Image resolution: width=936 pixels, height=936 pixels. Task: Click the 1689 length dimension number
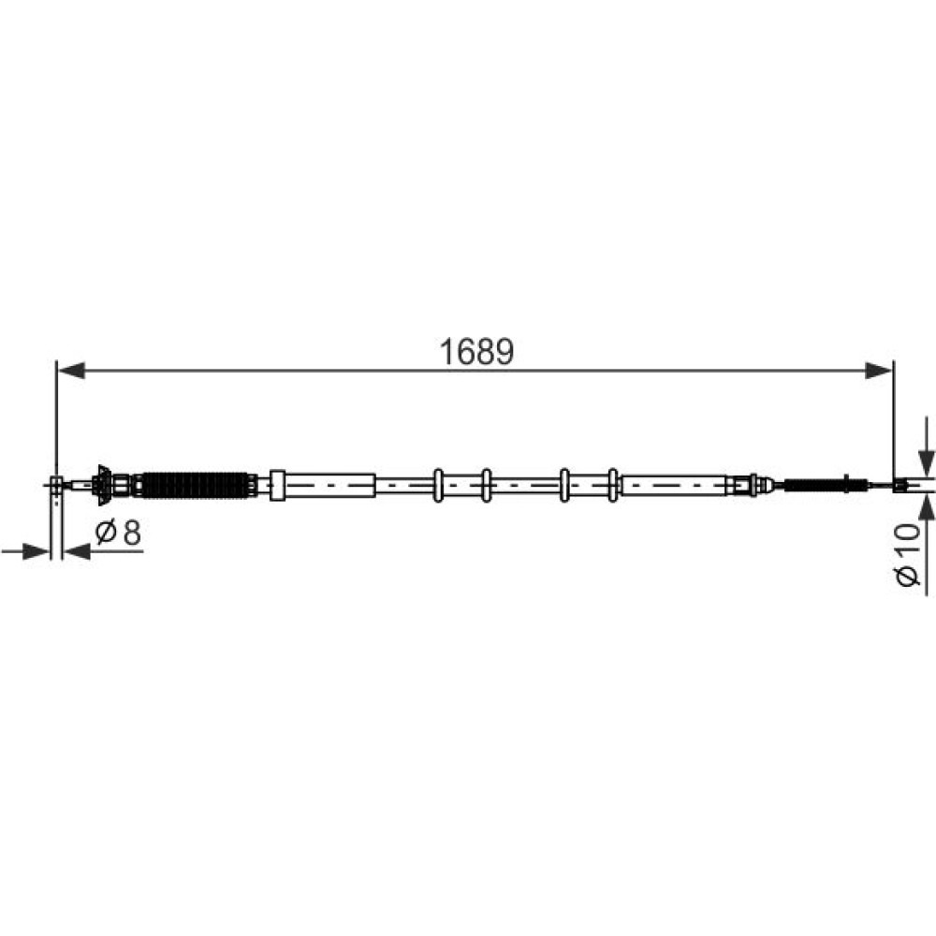pyautogui.click(x=475, y=352)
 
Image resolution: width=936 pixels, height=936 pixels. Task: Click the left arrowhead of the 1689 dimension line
pyautogui.click(x=70, y=370)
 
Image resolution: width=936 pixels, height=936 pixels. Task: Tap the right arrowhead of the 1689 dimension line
pyautogui.click(x=879, y=370)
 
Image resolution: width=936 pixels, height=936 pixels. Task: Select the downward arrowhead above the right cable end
pyautogui.click(x=926, y=463)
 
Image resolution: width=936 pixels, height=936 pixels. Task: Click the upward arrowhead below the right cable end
pyautogui.click(x=926, y=508)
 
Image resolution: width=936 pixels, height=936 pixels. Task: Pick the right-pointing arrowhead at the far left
pyautogui.click(x=36, y=551)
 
